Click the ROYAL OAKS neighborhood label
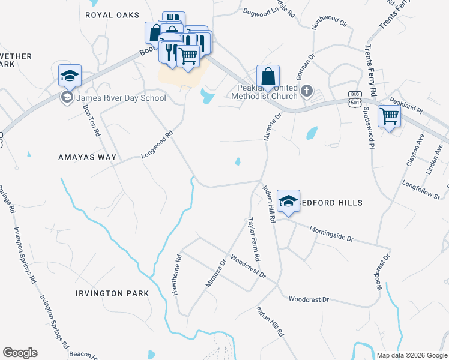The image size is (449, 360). pyautogui.click(x=112, y=15)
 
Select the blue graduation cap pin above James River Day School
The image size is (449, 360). pyautogui.click(x=70, y=76)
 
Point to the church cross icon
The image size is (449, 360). pyautogui.click(x=307, y=91)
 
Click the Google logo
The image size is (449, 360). pyautogui.click(x=20, y=352)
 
